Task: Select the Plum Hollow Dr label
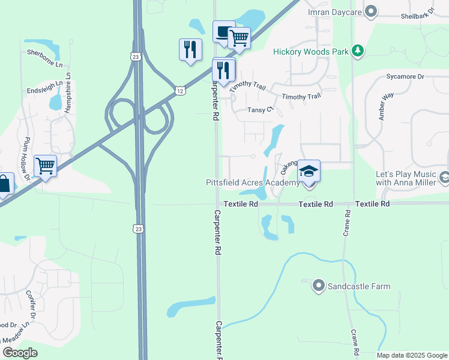coord(26,159)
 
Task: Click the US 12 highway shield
coord(180,90)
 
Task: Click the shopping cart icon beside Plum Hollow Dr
coord(46,166)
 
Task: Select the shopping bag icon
coord(4,184)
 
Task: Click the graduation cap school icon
coord(309,172)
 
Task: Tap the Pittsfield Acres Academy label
coord(252,182)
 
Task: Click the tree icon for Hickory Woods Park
coord(358,52)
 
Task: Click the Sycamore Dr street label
coord(405,77)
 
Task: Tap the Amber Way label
coord(386,106)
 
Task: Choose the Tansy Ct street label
coord(261,110)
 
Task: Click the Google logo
coord(20,353)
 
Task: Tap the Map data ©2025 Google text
coord(411,355)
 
